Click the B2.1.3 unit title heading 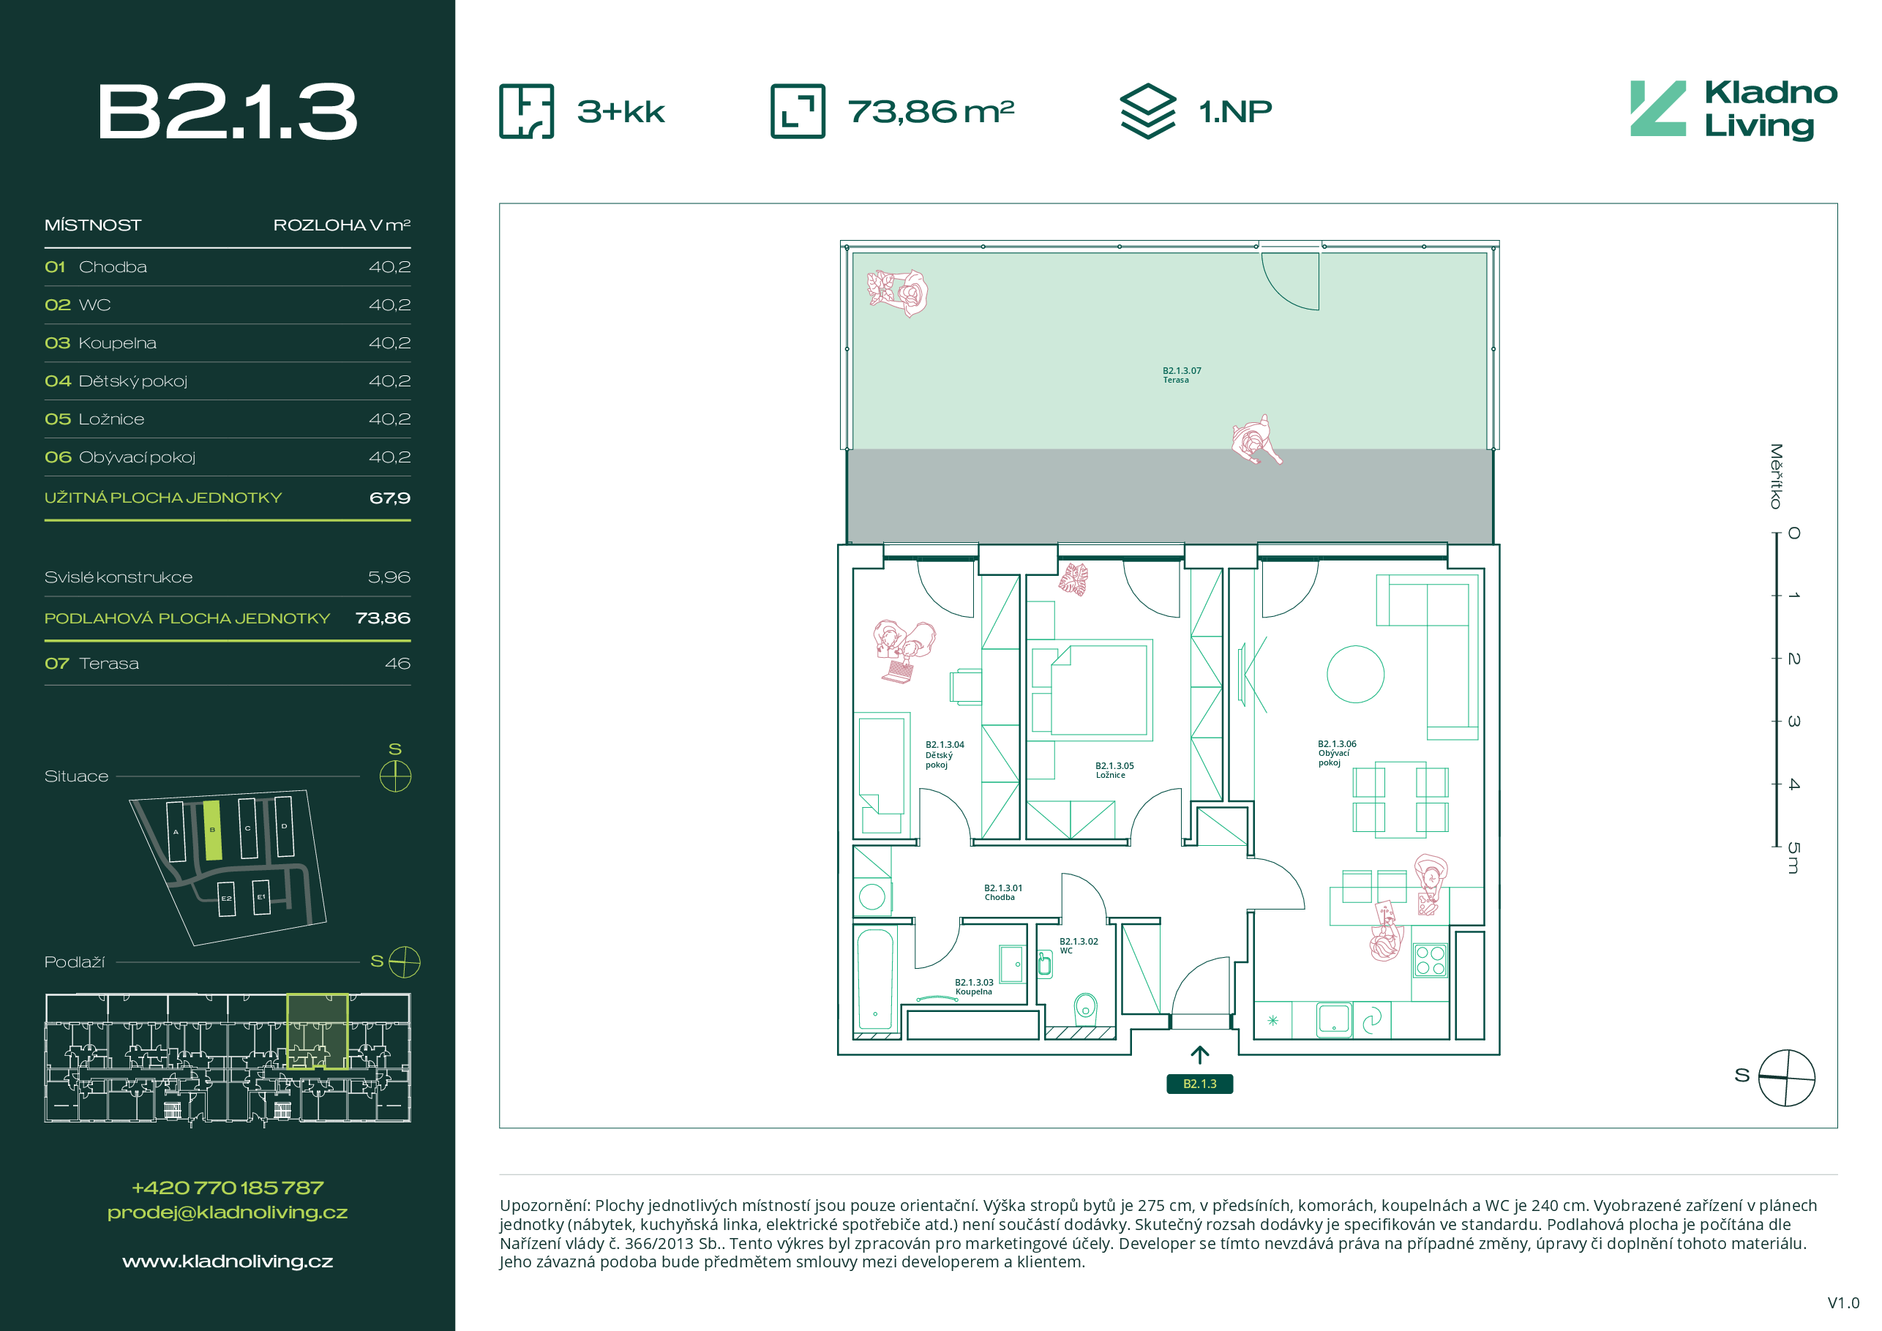227,111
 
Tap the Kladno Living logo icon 1657,108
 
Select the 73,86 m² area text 930,111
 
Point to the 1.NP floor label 1234,111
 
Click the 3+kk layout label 621,111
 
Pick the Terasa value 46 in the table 397,663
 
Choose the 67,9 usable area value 390,498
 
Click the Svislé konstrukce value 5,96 389,577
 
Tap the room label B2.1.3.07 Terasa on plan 1181,375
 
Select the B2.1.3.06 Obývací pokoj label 1336,753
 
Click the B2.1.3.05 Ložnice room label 1114,771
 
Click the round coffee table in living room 1355,674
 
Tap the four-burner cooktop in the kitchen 1431,961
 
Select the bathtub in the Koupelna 874,978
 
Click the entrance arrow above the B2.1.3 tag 1199,1056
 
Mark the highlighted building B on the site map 212,831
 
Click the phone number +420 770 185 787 227,1188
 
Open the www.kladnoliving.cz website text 227,1261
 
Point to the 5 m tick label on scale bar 1793,858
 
